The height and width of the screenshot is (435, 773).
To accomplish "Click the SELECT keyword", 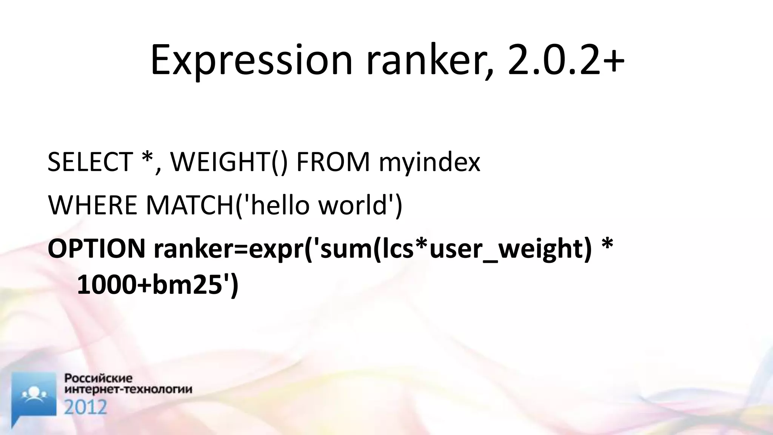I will click(90, 162).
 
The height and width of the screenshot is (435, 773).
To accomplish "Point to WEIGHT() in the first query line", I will click(229, 162).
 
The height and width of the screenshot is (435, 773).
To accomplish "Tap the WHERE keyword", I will click(92, 205).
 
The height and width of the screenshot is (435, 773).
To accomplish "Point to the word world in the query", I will click(354, 205).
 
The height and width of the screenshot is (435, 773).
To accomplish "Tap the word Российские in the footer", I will click(99, 378).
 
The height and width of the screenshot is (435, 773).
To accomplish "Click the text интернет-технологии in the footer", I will click(128, 389).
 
